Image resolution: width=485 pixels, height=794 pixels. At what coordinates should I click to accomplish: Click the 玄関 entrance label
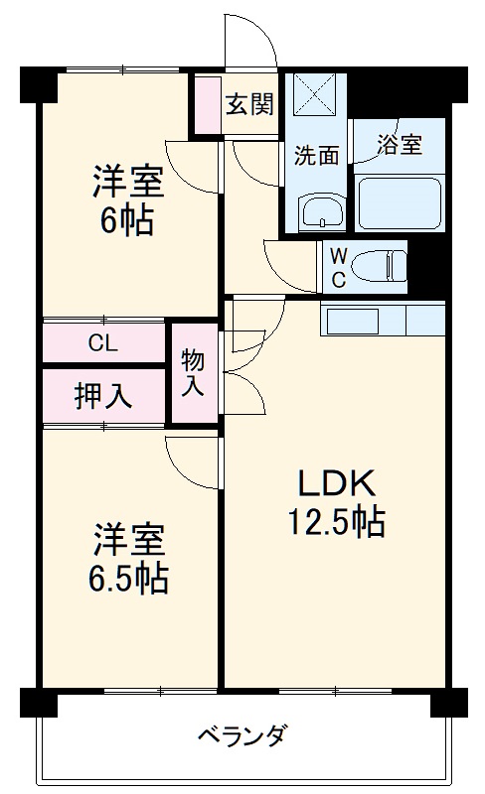point(249,104)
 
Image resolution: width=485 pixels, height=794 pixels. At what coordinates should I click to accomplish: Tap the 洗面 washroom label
point(316,156)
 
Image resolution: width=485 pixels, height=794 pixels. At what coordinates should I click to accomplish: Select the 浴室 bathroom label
point(400,145)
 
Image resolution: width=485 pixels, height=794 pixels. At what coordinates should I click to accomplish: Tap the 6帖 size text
point(126,220)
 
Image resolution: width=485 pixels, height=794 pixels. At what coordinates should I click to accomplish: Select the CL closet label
point(102,344)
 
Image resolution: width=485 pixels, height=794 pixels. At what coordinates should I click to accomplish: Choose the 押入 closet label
point(102,395)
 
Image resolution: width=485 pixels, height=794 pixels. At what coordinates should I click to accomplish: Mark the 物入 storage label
point(193,373)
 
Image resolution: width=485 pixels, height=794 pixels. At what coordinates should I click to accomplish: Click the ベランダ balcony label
point(242,737)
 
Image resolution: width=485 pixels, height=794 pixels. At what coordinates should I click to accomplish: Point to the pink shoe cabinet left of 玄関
point(207,104)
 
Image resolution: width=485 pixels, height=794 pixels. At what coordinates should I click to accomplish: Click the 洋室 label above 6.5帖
point(128,539)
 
